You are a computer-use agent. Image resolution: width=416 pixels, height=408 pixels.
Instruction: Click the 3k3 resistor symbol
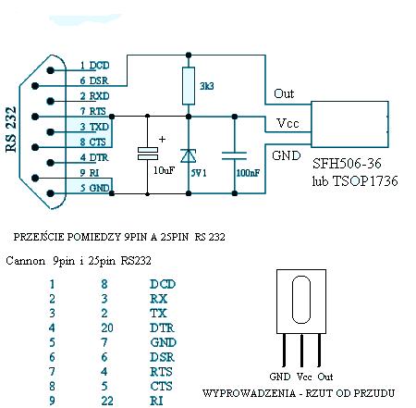point(189,86)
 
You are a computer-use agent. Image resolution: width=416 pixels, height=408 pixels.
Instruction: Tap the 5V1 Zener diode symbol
point(189,155)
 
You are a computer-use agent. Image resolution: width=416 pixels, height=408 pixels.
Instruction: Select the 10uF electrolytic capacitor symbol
point(148,154)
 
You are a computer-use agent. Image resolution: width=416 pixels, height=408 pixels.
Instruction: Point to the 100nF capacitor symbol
point(234,155)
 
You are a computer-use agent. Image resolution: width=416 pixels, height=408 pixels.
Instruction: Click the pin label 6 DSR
point(94,80)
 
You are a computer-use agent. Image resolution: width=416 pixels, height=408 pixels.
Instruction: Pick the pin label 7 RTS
point(93,111)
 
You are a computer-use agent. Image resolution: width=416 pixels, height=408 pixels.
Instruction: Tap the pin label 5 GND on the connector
point(94,188)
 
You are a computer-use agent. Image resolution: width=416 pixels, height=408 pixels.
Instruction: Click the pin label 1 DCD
point(94,66)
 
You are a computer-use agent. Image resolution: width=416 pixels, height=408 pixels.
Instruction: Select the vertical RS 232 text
point(11,130)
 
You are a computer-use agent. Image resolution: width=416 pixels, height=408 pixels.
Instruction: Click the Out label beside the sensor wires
point(284,93)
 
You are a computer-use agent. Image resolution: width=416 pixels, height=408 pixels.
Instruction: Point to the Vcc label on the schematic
point(288,123)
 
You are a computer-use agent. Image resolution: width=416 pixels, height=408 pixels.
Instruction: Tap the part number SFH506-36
point(347,164)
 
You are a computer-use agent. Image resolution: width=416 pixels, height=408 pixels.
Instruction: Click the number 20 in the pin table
point(107,328)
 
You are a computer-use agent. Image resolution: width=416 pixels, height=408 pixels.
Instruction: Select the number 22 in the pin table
point(107,401)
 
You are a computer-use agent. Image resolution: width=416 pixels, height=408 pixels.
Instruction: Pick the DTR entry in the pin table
point(162,328)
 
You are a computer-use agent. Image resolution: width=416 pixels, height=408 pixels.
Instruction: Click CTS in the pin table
point(161,386)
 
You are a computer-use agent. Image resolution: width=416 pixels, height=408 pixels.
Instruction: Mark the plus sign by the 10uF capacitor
point(162,140)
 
